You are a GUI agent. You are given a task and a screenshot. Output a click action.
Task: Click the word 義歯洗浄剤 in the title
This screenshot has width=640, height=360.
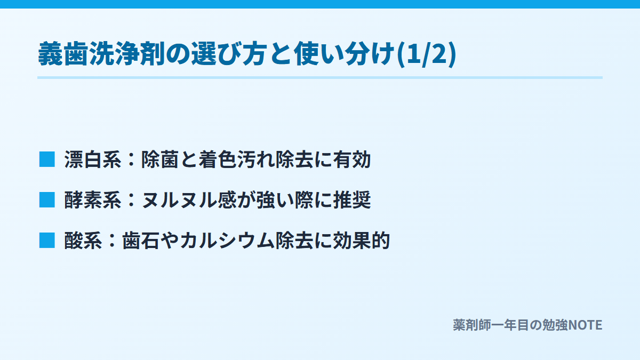101,54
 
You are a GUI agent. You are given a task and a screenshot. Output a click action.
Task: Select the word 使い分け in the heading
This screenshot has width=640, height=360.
345,54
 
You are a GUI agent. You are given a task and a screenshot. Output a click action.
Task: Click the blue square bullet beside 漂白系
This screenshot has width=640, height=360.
47,159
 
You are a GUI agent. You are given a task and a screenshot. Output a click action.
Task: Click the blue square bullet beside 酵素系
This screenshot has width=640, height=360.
47,199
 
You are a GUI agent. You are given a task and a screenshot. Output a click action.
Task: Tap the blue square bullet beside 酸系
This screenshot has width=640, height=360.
47,241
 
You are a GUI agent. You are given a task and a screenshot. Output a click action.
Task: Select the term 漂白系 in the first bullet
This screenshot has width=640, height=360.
93,159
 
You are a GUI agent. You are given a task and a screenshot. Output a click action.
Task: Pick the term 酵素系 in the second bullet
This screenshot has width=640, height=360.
93,199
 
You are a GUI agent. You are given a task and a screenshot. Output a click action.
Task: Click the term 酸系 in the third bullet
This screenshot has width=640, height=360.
83,241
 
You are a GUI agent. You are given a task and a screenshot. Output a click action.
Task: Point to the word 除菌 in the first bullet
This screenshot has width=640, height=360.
160,159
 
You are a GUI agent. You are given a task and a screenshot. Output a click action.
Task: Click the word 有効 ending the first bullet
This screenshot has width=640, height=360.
351,159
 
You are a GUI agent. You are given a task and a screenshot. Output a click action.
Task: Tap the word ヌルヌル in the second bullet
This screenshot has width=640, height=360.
179,199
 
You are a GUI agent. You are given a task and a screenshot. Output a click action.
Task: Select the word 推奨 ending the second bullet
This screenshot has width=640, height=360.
351,199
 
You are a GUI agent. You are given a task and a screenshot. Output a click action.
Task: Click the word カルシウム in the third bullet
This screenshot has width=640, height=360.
227,241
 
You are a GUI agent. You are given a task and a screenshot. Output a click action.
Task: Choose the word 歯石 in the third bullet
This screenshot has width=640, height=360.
141,241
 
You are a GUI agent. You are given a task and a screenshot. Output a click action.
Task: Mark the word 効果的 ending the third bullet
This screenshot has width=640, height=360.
362,241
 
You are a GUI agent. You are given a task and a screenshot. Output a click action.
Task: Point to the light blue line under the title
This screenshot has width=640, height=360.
320,77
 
